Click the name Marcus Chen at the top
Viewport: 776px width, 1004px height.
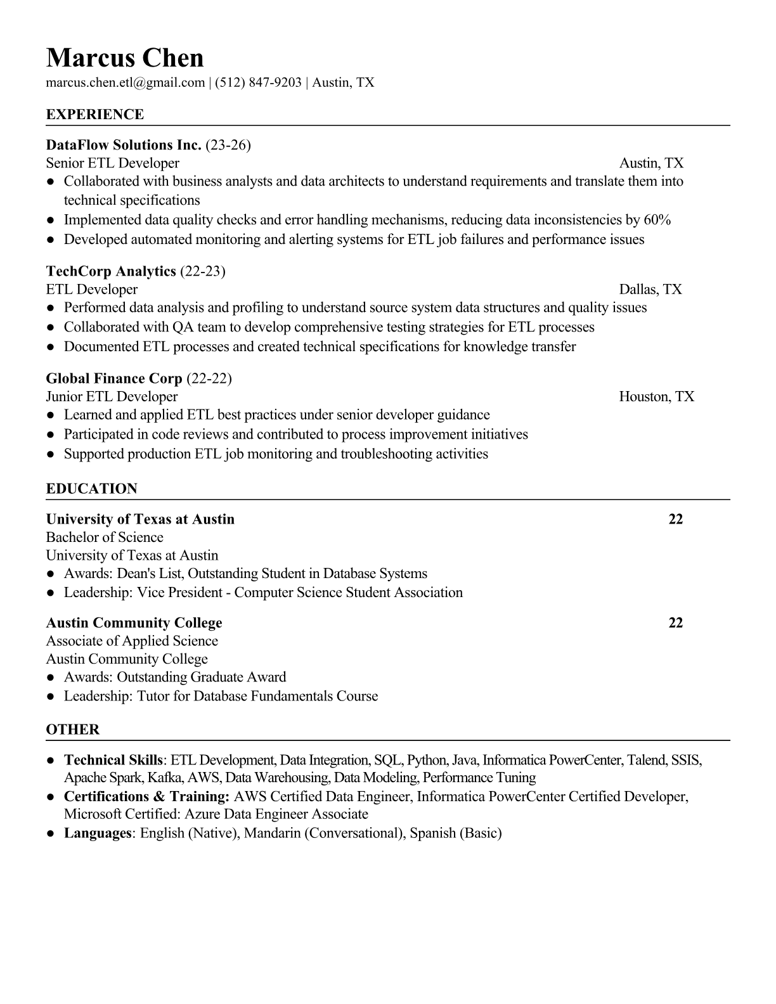click(x=125, y=58)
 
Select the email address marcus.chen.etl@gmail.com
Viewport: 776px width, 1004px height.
click(x=125, y=82)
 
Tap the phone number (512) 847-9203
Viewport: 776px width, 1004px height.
click(x=257, y=82)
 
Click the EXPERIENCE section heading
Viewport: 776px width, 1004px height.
click(x=94, y=115)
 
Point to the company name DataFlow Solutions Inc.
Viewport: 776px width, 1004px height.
click(x=124, y=145)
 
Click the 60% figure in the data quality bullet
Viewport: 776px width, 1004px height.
click(x=657, y=220)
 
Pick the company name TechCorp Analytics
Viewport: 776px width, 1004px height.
click(x=111, y=271)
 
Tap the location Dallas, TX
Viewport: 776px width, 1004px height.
click(x=650, y=290)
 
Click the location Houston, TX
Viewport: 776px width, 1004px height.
click(x=656, y=397)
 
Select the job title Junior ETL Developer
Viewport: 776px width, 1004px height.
click(x=112, y=397)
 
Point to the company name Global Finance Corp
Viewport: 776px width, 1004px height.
click(x=114, y=379)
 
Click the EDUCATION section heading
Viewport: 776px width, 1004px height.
click(x=91, y=489)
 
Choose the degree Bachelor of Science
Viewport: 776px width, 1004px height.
click(x=105, y=537)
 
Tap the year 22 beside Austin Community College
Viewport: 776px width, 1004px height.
click(x=676, y=623)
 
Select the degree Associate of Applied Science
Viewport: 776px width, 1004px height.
click(x=132, y=641)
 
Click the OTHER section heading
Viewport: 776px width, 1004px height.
click(x=72, y=730)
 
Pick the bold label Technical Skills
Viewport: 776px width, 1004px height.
click(x=113, y=760)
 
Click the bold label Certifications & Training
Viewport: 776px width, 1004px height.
click(x=146, y=797)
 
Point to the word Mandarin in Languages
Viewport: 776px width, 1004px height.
click(x=272, y=833)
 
